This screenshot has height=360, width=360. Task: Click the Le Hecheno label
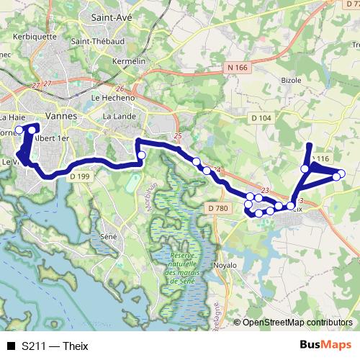(110, 97)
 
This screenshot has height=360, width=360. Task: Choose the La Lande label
(119, 116)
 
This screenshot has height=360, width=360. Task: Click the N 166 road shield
(236, 68)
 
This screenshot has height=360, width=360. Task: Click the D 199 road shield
(81, 176)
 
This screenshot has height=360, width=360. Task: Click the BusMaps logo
(326, 345)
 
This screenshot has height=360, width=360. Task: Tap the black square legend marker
(11, 346)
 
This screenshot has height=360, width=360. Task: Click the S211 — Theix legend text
(55, 346)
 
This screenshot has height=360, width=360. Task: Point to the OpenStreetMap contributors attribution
(297, 323)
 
